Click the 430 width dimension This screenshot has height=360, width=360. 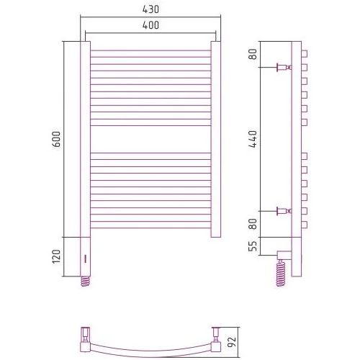150,9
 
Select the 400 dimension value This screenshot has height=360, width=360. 150,25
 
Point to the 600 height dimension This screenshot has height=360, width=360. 56,139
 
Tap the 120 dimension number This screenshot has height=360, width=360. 56,256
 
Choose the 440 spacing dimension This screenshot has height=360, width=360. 253,139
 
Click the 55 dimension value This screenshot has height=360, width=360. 253,246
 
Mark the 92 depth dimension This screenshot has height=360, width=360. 232,342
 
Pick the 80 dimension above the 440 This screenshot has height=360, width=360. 253,54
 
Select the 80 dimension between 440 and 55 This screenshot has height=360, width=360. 253,224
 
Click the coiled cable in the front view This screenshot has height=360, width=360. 86,282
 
